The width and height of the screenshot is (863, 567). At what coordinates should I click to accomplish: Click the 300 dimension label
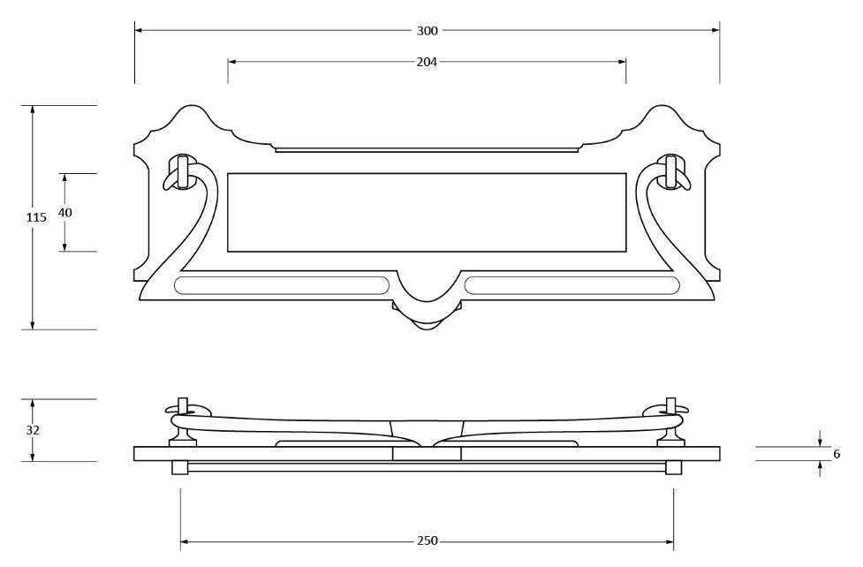(428, 31)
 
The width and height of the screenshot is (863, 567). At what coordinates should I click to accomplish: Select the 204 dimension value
(428, 62)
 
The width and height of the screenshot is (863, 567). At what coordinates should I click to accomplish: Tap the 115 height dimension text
(36, 217)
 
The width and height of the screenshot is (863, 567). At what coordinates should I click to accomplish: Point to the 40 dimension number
(65, 212)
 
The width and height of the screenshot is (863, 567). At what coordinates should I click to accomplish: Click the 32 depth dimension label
(33, 430)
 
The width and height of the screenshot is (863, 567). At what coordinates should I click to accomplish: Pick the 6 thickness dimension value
(837, 454)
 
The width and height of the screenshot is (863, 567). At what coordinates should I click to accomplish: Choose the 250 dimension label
(428, 541)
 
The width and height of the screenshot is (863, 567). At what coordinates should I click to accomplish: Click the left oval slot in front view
(282, 285)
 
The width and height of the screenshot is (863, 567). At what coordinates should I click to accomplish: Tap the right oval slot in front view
(572, 285)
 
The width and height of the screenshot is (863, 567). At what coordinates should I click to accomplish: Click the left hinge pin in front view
(182, 171)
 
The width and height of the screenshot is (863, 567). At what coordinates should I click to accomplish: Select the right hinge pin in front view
(671, 171)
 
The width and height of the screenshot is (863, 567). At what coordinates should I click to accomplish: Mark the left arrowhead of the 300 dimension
(139, 30)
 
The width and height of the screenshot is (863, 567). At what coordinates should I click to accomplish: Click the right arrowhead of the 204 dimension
(622, 62)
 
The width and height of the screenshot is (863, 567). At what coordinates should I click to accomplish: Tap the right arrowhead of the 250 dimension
(670, 541)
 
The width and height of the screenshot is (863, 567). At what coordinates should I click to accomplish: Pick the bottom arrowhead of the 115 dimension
(33, 325)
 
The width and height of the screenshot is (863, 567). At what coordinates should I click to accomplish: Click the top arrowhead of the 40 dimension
(64, 178)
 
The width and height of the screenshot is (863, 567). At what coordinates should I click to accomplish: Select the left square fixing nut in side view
(180, 467)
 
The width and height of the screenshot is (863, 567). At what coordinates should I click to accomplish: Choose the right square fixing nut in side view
(673, 467)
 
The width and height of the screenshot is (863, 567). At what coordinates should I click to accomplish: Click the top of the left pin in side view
(183, 398)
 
